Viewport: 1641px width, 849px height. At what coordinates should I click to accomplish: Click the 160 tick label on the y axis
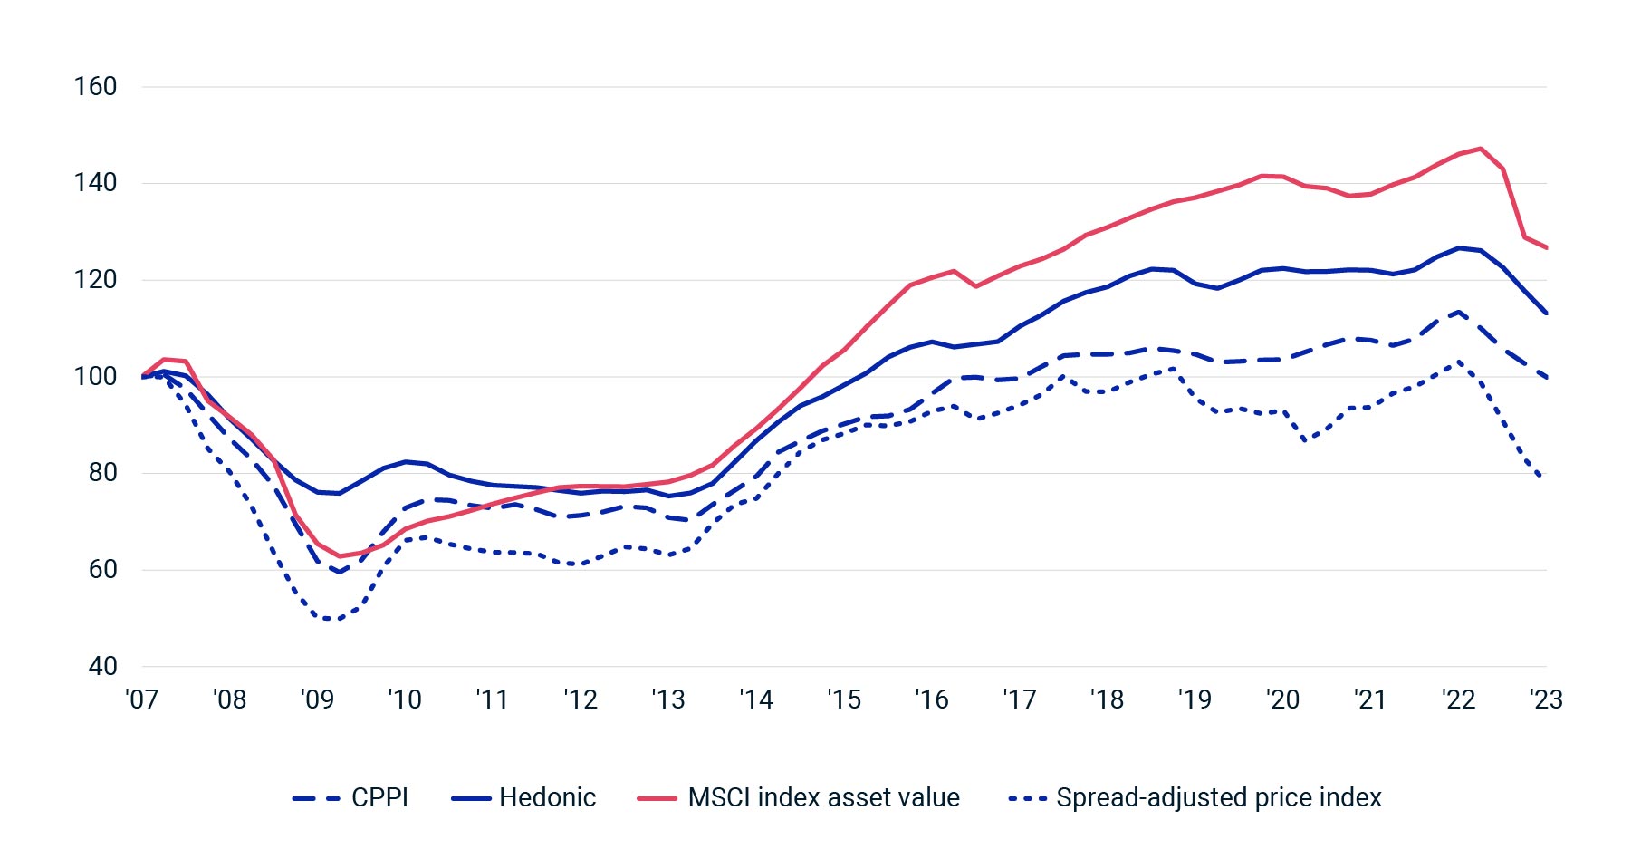95,87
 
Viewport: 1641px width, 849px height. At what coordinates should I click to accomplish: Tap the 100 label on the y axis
95,376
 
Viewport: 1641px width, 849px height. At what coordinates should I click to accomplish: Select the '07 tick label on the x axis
141,699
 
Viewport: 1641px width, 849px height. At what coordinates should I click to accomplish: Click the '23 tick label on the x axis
1546,699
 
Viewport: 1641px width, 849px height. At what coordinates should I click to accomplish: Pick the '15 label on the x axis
843,699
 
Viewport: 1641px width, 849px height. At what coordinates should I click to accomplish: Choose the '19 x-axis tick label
1195,699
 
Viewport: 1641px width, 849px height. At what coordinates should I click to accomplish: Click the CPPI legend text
379,797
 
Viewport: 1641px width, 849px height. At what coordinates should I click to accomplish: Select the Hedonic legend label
547,797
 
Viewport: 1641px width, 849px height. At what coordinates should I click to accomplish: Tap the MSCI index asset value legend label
823,797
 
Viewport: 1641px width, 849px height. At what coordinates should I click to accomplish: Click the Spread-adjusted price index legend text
1218,797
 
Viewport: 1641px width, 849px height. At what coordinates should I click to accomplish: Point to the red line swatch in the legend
657,798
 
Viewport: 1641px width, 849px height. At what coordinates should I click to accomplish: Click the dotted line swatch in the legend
1027,798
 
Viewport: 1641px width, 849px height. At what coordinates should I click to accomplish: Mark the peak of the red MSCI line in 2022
1481,149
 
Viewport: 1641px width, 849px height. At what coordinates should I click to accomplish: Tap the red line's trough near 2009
341,556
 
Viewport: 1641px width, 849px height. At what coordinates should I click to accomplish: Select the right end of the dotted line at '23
1541,477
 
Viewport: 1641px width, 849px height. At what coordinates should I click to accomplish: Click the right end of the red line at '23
1546,247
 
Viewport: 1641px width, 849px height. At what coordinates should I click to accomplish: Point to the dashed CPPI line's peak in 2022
1459,312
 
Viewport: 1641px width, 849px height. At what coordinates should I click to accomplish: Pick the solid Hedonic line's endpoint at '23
1546,314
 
